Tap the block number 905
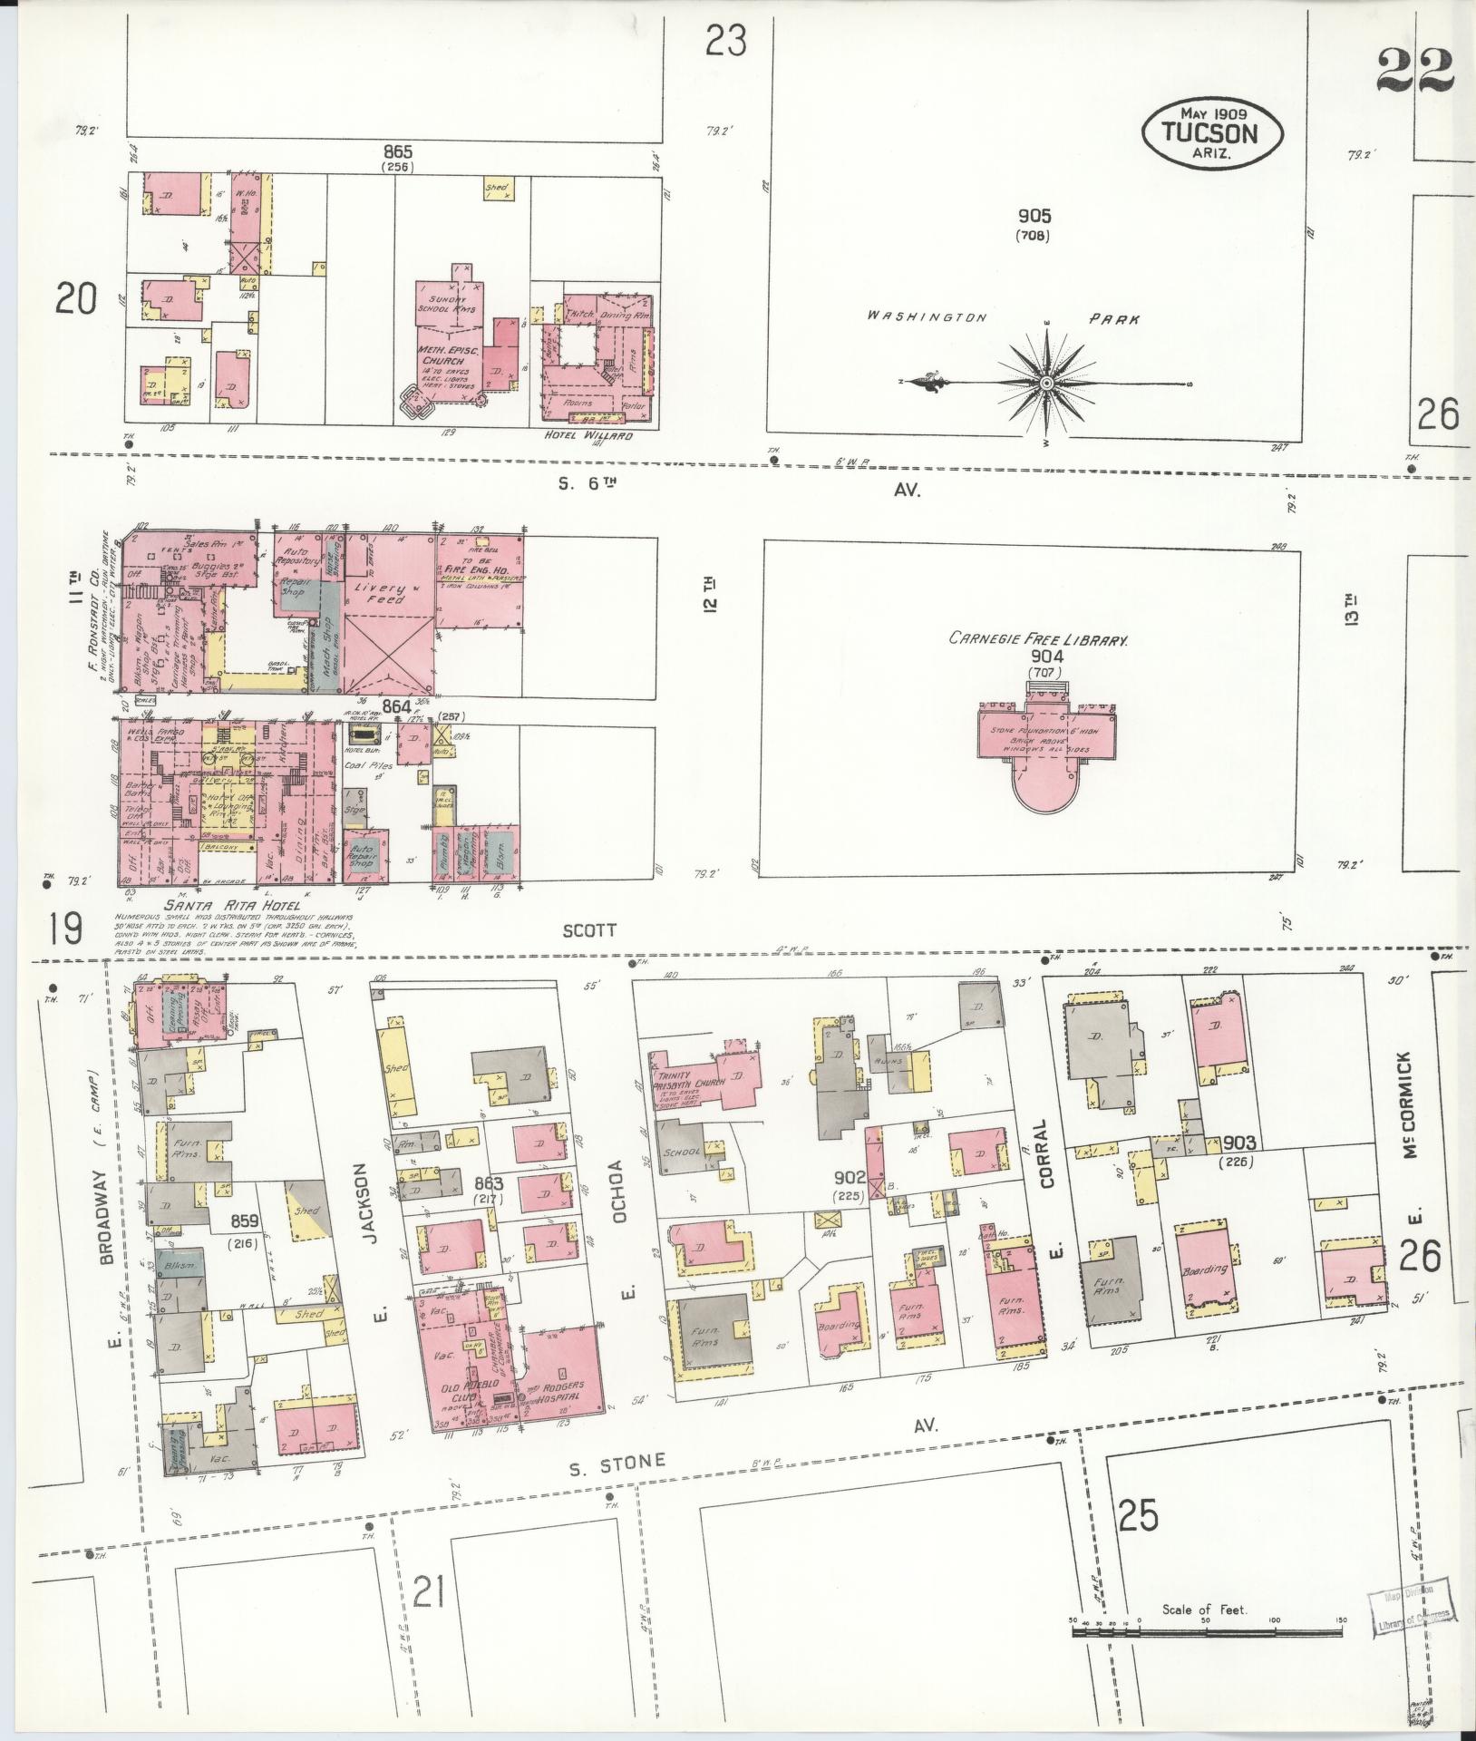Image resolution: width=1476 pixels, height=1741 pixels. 1034,216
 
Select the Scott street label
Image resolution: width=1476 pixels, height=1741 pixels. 589,930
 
